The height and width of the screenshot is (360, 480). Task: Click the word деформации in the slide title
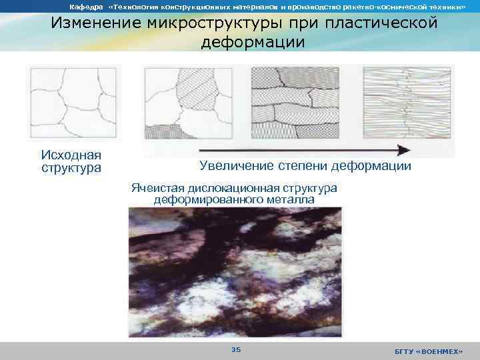pyautogui.click(x=253, y=42)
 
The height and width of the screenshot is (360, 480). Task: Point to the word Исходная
pyautogui.click(x=71, y=155)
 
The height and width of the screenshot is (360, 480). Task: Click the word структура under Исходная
pyautogui.click(x=71, y=167)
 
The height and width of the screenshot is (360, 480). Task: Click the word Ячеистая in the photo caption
pyautogui.click(x=157, y=187)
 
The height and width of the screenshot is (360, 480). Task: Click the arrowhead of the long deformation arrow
pyautogui.click(x=401, y=149)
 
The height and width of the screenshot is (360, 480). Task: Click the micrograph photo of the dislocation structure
pyautogui.click(x=235, y=271)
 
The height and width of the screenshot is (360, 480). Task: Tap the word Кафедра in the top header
pyautogui.click(x=83, y=6)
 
